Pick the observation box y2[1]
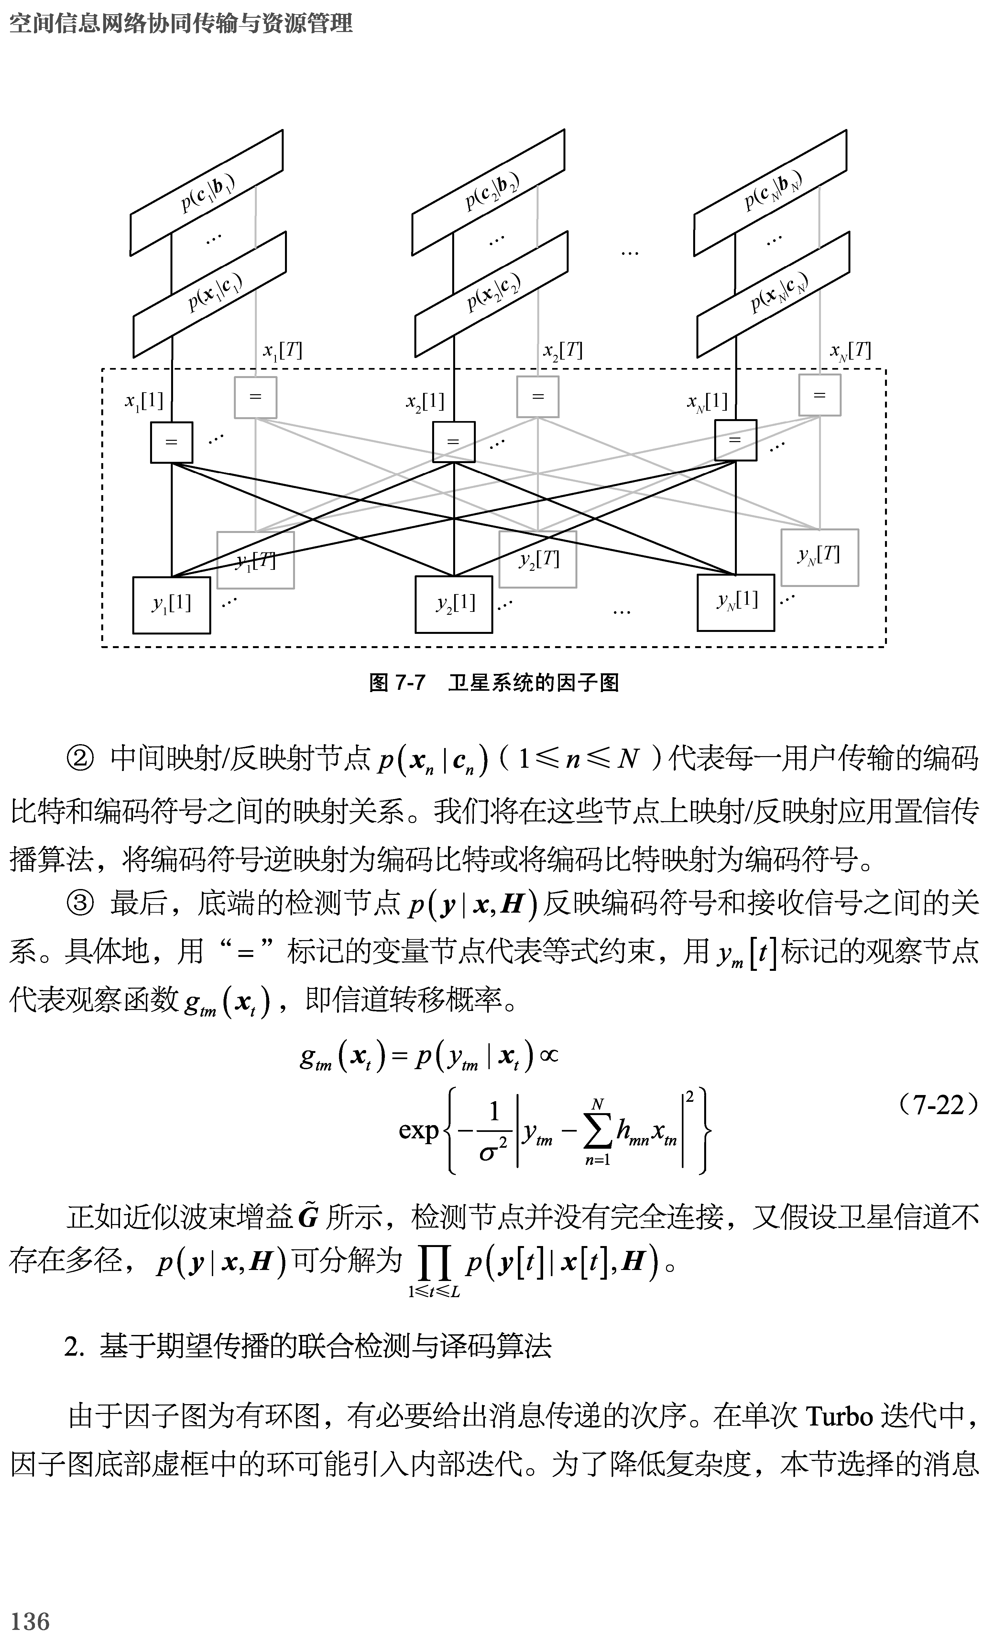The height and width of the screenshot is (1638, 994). click(x=454, y=603)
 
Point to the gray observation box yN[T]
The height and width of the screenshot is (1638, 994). click(x=819, y=557)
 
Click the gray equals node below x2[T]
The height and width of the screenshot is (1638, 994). click(x=537, y=397)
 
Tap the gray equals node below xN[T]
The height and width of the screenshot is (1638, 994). click(x=819, y=396)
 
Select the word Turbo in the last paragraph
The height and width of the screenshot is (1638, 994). click(x=839, y=1416)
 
